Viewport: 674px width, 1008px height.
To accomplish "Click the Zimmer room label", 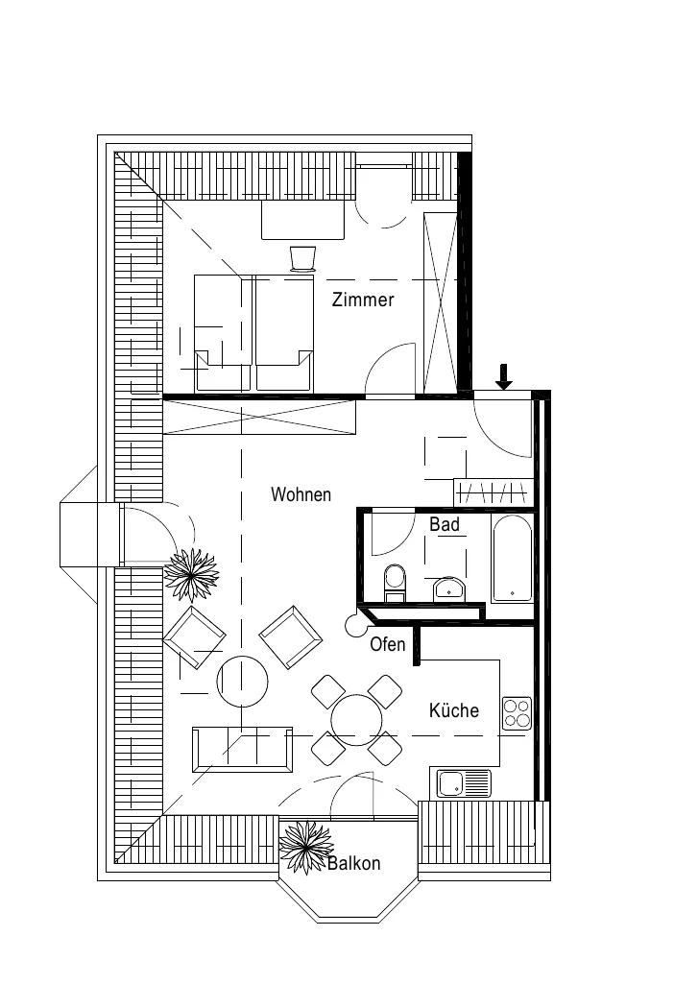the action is pyautogui.click(x=363, y=300).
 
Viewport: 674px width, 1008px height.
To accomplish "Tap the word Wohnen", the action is pyautogui.click(x=301, y=494).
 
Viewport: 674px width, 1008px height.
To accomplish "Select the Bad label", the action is pyautogui.click(x=445, y=524).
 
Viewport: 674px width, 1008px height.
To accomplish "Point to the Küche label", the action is pyautogui.click(x=454, y=710).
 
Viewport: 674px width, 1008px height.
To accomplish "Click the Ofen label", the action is pyautogui.click(x=388, y=643).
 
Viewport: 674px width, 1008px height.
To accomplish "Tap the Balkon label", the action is pyautogui.click(x=353, y=863).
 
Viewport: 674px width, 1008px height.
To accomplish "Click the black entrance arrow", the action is pyautogui.click(x=504, y=376).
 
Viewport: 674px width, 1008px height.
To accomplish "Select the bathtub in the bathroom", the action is pyautogui.click(x=512, y=558).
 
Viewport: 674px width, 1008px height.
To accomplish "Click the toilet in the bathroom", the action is pyautogui.click(x=395, y=583).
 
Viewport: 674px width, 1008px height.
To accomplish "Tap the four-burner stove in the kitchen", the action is pyautogui.click(x=517, y=713).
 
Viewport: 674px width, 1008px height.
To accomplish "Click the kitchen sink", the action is pyautogui.click(x=464, y=783).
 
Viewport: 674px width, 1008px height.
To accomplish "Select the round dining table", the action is pyautogui.click(x=356, y=720).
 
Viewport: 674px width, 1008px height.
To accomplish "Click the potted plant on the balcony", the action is pyautogui.click(x=306, y=848).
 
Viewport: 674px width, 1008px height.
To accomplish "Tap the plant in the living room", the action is pyautogui.click(x=191, y=575).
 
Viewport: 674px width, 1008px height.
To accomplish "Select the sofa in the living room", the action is pyautogui.click(x=242, y=750).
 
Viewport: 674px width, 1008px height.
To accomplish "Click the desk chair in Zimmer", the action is pyautogui.click(x=302, y=258).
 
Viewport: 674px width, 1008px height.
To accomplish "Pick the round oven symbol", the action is pyautogui.click(x=353, y=624).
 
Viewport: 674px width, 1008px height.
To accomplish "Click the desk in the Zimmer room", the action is pyautogui.click(x=302, y=220).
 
